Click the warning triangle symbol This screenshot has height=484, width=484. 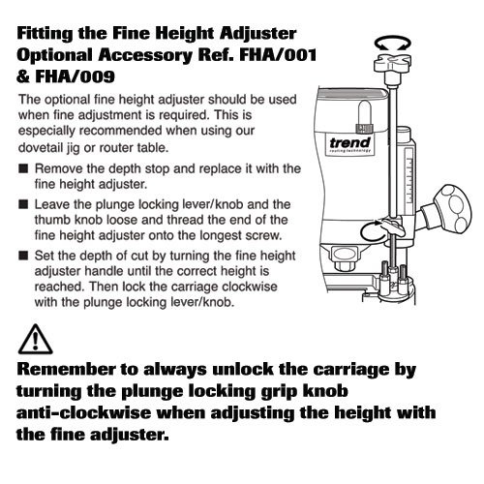35,340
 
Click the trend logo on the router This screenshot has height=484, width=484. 350,143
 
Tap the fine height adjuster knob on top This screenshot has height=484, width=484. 393,63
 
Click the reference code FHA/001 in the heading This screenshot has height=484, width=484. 278,55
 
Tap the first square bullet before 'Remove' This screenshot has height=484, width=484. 23,168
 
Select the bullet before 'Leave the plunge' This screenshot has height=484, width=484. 23,204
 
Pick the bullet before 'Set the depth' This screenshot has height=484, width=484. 23,256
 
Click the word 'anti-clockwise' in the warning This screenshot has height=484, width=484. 83,412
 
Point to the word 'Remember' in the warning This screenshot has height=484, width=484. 66,369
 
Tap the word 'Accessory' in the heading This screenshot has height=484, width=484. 145,55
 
